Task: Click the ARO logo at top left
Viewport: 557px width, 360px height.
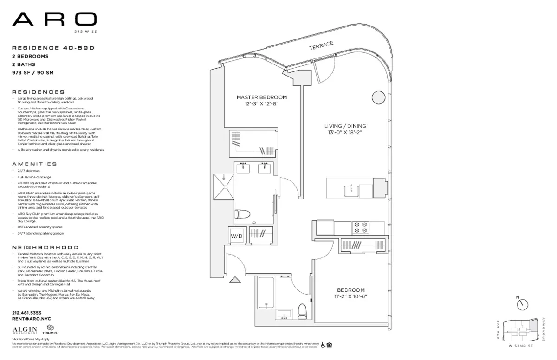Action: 54,19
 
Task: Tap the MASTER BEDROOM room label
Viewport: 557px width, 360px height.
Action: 261,97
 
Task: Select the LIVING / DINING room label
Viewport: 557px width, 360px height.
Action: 344,126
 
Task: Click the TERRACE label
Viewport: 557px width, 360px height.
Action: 321,45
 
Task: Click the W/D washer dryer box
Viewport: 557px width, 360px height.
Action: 236,236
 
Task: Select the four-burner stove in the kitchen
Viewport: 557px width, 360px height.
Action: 361,227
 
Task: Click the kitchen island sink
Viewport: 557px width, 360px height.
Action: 351,189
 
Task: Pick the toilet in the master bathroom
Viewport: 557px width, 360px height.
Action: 242,214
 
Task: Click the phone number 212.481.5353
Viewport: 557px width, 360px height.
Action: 27,313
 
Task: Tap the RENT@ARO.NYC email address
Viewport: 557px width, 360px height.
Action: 31,319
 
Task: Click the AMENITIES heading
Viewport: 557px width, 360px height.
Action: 34,164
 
